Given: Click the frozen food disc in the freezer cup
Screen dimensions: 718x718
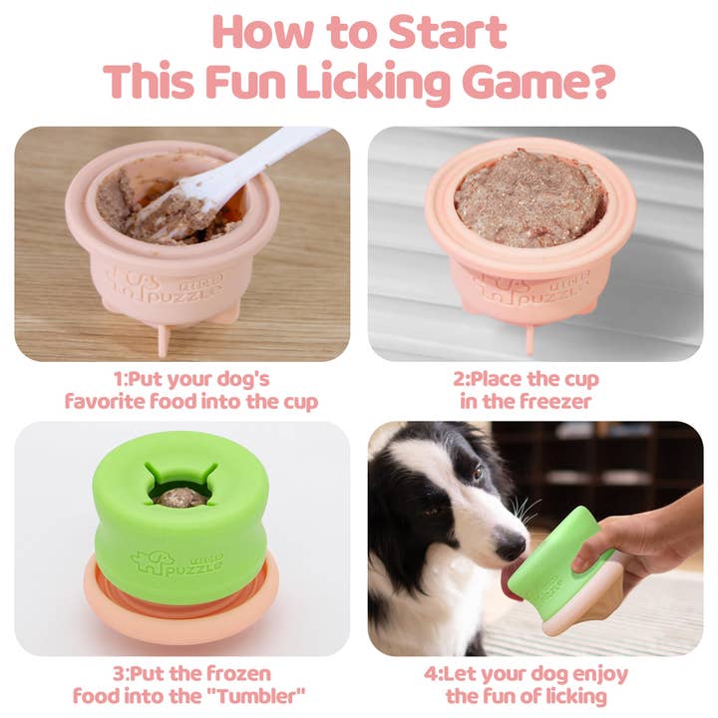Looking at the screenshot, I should (x=531, y=196).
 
